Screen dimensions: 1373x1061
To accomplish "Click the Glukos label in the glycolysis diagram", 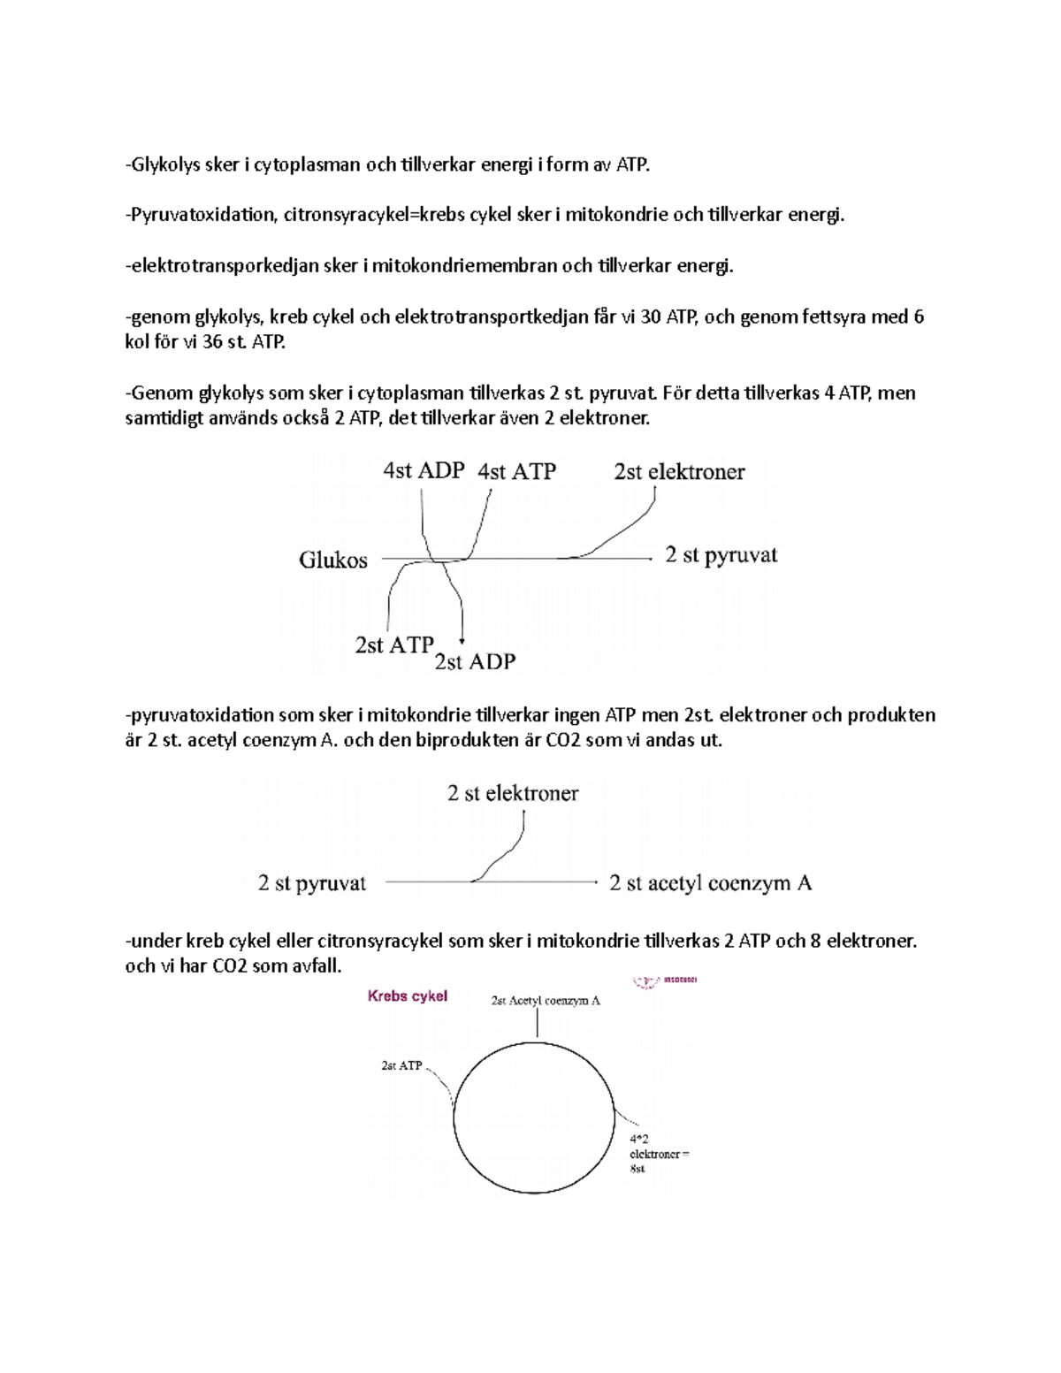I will [x=332, y=560].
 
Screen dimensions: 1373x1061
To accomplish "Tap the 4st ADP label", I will [x=424, y=470].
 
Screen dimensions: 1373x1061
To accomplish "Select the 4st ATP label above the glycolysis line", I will [x=516, y=471].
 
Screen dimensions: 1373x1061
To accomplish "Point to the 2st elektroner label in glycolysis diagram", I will [x=679, y=471].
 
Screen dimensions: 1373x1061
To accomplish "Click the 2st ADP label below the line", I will [x=475, y=661].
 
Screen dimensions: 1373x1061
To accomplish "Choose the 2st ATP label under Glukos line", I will [x=393, y=645].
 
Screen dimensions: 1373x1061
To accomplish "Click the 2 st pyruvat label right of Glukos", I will [x=721, y=555].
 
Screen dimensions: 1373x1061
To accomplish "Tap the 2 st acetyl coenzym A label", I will [x=710, y=882].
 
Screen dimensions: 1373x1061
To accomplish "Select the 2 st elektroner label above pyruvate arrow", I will [x=513, y=793].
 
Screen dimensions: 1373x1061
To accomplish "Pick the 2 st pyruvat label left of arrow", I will [x=311, y=882].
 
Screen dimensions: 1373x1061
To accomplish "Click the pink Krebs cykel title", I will [x=407, y=996].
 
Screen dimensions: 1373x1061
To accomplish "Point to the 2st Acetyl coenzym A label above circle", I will [x=546, y=1001].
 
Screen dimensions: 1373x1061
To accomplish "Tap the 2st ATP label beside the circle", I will [x=401, y=1065].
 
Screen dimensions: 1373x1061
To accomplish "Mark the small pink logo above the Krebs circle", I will [x=665, y=980].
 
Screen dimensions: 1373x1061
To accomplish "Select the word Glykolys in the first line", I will [x=165, y=164].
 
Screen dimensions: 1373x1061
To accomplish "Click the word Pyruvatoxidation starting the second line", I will [x=204, y=215].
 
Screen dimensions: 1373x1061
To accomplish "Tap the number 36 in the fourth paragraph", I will [x=212, y=341].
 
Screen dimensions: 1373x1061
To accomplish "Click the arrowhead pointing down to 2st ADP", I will [x=462, y=640].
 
